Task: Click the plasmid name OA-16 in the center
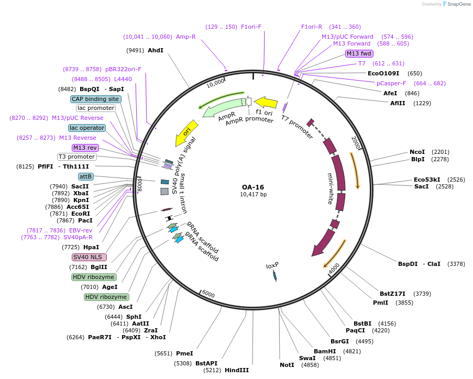[253, 187]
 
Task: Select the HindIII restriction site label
[236, 370]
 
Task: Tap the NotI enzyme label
[287, 364]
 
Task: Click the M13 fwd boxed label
[359, 53]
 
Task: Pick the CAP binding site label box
[96, 99]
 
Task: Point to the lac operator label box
[87, 128]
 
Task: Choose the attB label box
[86, 176]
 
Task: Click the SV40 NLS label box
[89, 257]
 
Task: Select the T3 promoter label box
[77, 157]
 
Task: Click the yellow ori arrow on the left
[186, 132]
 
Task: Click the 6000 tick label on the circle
[208, 294]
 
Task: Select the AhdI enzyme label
[156, 50]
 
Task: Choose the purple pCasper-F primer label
[391, 83]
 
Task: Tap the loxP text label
[272, 265]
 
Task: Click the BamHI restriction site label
[325, 351]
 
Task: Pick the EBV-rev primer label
[81, 230]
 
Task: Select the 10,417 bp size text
[253, 195]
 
